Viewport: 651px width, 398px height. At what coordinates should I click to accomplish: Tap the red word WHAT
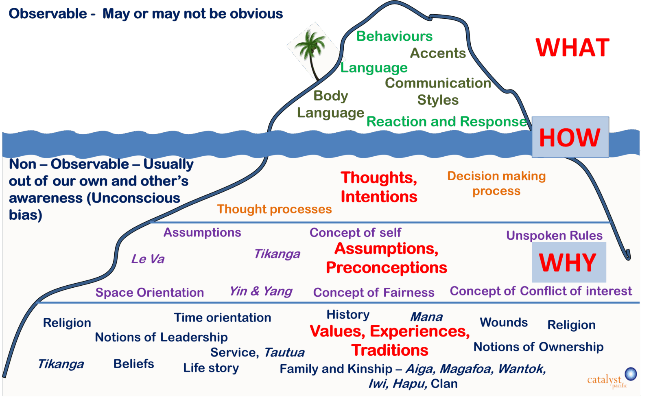tap(572, 48)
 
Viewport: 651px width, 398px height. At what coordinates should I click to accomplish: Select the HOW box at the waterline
tap(570, 137)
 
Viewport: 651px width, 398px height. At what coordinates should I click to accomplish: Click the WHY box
tap(568, 262)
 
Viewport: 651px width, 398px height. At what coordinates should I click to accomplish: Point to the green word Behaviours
tap(394, 36)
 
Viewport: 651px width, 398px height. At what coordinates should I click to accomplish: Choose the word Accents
tap(438, 53)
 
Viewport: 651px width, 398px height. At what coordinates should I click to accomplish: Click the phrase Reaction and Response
tap(446, 121)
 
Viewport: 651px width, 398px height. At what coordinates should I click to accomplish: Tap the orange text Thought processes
tap(274, 209)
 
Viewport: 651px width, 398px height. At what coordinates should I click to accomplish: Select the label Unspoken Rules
tap(554, 235)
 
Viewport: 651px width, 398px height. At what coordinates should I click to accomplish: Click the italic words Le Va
tap(148, 259)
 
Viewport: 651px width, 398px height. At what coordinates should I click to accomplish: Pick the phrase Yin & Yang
tap(261, 291)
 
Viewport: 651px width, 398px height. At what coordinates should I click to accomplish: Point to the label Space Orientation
tap(149, 292)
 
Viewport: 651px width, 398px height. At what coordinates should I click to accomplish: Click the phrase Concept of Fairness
tap(374, 292)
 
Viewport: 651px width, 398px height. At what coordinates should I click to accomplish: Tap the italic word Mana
tap(426, 317)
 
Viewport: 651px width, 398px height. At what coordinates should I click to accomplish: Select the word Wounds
tap(504, 322)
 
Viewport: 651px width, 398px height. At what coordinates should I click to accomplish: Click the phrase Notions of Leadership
tap(161, 337)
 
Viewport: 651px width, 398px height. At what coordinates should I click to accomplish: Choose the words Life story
tap(211, 368)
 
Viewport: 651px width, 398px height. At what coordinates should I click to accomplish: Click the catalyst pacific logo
tap(610, 378)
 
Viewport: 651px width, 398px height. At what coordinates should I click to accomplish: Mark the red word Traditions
tap(390, 350)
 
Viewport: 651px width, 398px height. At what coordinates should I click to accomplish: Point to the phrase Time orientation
tap(222, 317)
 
